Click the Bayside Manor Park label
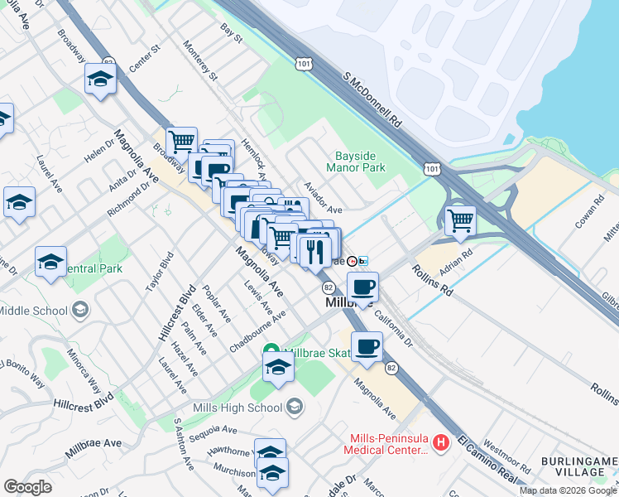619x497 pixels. (x=360, y=162)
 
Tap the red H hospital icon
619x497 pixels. (x=441, y=444)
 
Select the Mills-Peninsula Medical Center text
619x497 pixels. (x=386, y=445)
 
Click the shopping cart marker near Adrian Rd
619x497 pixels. (x=459, y=220)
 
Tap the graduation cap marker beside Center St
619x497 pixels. (x=100, y=80)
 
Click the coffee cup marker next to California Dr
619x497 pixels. (x=363, y=288)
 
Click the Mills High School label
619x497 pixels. (x=238, y=407)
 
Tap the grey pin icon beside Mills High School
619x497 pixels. (x=295, y=407)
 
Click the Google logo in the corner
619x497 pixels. (x=27, y=487)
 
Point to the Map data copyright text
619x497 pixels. (x=567, y=490)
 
